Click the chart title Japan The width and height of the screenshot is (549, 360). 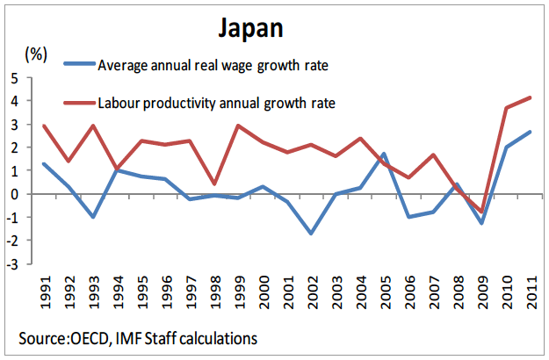pyautogui.click(x=250, y=28)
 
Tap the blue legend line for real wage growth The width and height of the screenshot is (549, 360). pyautogui.click(x=78, y=64)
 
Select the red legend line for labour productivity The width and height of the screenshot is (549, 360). pyautogui.click(x=78, y=103)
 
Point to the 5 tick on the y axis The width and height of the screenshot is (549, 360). pyautogui.click(x=15, y=78)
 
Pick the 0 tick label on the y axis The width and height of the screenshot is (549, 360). pyautogui.click(x=15, y=194)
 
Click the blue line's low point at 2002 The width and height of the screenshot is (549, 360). pyautogui.click(x=312, y=234)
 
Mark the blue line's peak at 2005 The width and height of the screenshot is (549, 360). pyautogui.click(x=385, y=154)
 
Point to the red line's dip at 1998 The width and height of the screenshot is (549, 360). pyautogui.click(x=214, y=184)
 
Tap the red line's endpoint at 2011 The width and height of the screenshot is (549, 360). pyautogui.click(x=531, y=97)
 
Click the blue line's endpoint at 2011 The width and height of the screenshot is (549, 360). pyautogui.click(x=531, y=132)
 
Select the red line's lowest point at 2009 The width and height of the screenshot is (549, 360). pyautogui.click(x=482, y=212)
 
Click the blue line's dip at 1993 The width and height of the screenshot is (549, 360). pyautogui.click(x=93, y=217)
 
